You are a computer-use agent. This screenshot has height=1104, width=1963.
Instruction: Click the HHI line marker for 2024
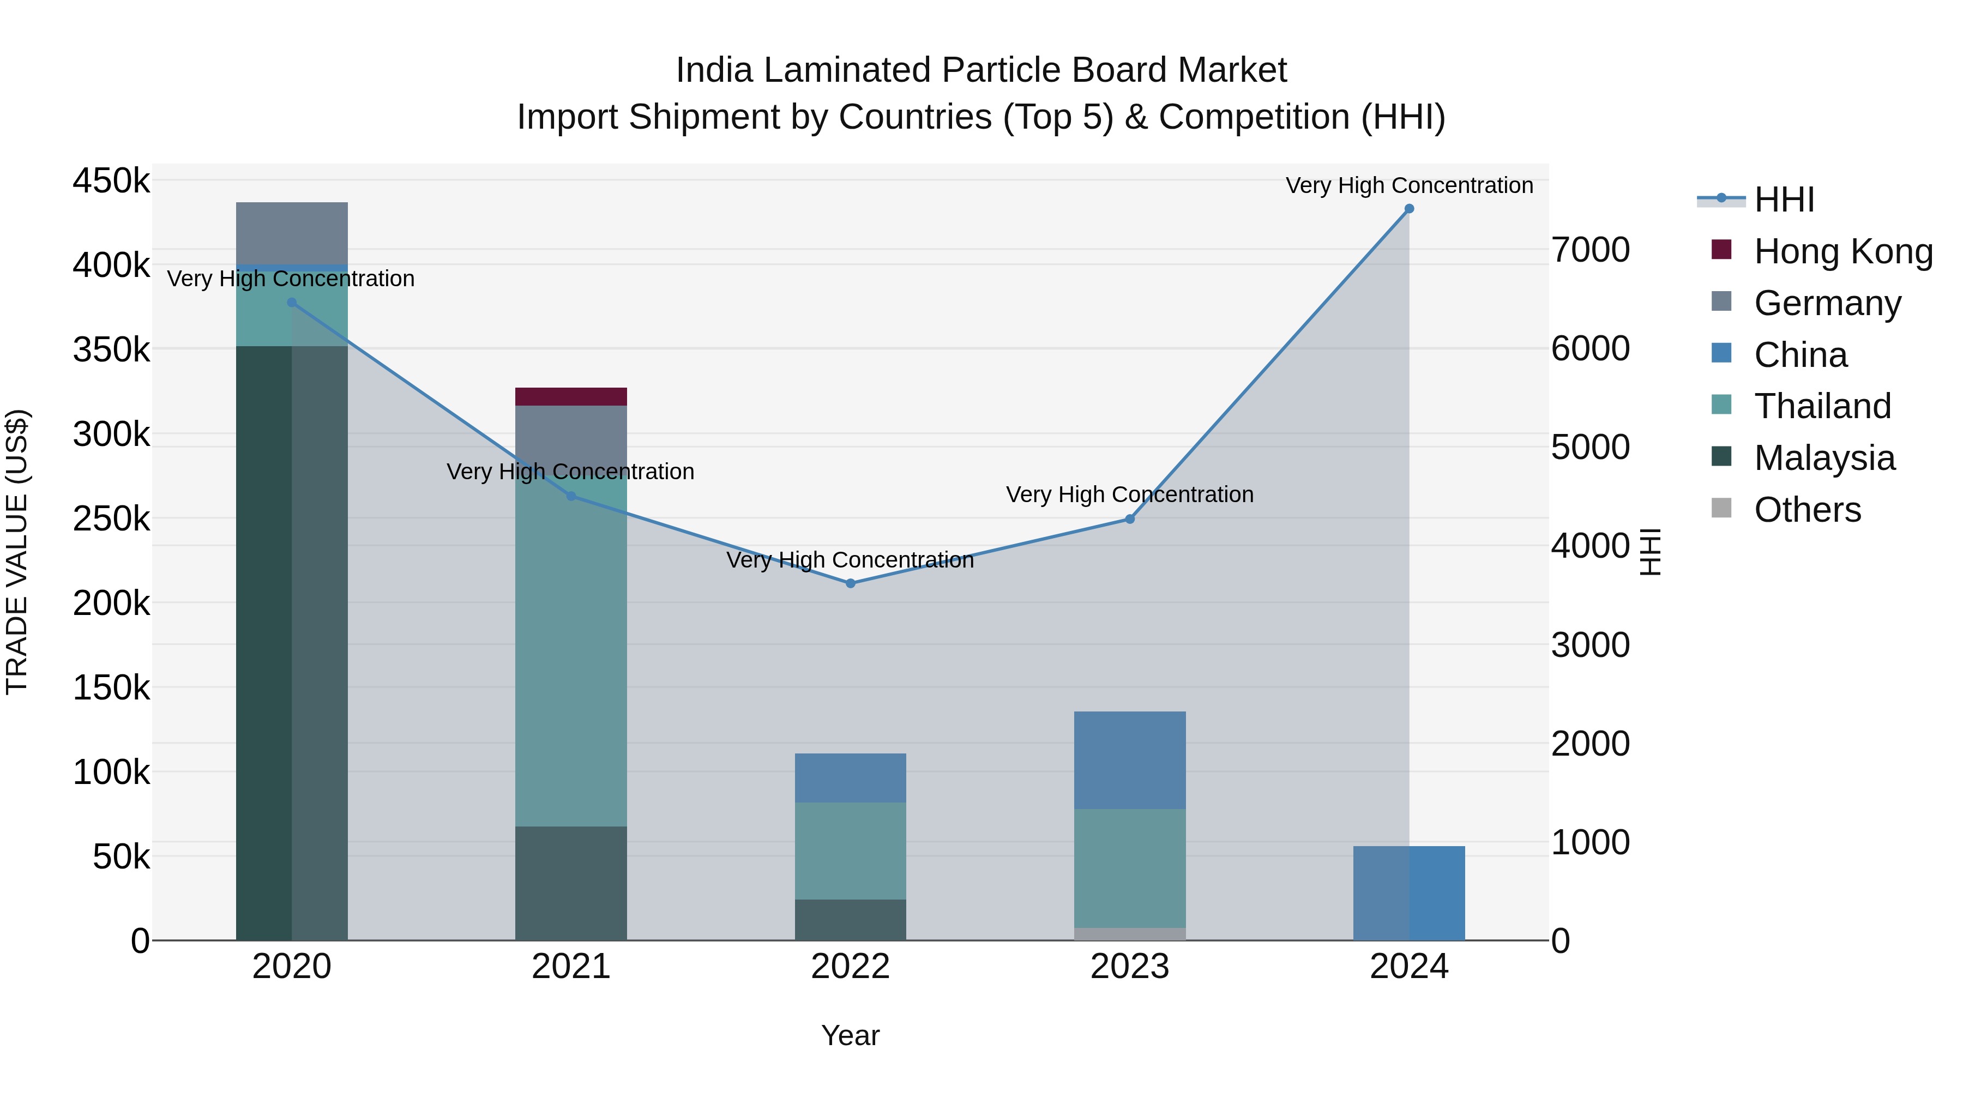[1408, 209]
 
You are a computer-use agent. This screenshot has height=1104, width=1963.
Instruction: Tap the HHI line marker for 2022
[851, 583]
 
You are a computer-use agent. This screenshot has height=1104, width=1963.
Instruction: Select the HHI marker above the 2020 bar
[292, 303]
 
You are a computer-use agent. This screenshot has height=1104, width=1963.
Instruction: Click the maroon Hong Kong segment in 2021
[571, 396]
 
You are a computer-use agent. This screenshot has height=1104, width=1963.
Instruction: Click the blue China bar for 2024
[1408, 893]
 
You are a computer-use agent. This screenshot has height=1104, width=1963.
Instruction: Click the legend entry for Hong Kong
[1842, 251]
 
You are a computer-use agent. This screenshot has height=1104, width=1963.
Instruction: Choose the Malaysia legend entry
[1823, 458]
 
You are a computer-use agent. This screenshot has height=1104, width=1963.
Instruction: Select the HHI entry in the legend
[1783, 200]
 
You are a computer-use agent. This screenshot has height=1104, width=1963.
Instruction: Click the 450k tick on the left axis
[111, 182]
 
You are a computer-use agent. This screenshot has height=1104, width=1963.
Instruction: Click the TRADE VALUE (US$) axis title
[17, 552]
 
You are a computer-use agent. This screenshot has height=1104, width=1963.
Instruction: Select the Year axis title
[851, 1035]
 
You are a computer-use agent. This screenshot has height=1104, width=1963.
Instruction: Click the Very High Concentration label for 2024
[1409, 185]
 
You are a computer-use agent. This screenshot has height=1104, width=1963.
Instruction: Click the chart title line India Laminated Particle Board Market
[981, 70]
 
